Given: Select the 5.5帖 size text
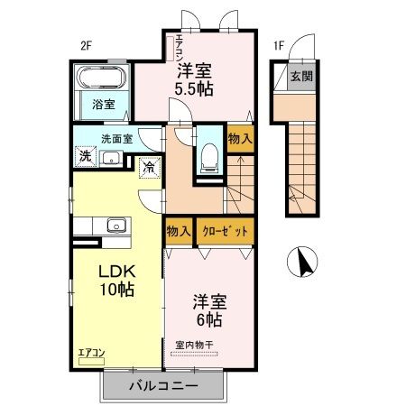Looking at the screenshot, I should pos(194,88).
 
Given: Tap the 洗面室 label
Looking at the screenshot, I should pos(116,139).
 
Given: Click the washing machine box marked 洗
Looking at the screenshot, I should pos(85,156).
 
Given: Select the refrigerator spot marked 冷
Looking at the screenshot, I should pos(148,168).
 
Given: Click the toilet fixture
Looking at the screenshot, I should pos(208,156).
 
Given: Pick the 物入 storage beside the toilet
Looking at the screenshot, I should pos(240,139).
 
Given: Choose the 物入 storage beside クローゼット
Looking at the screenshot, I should pos(178,232).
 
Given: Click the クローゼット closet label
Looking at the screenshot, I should pos(223,232).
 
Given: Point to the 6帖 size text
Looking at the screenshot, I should pos(208,318).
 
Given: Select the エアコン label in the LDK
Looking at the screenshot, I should pos(91,352).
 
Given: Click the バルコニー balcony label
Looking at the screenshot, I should pos(162,386).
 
